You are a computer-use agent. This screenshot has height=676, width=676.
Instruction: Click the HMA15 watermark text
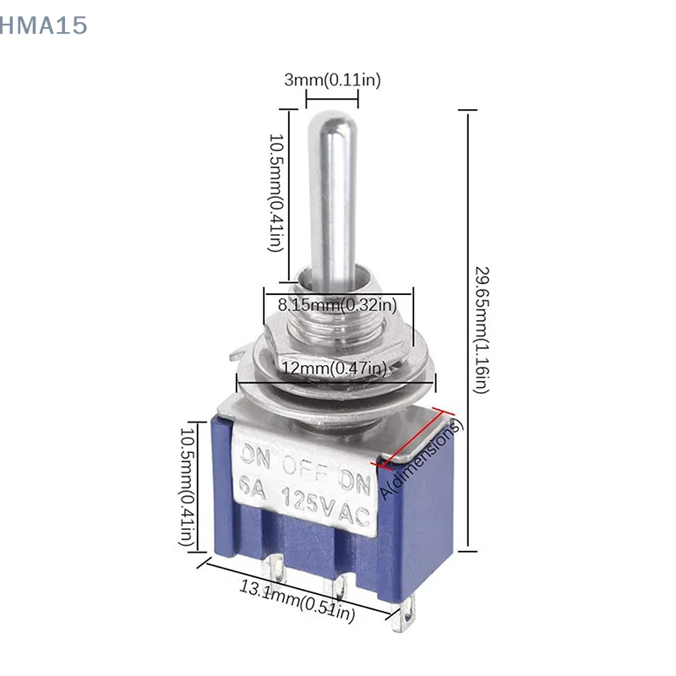click(x=44, y=26)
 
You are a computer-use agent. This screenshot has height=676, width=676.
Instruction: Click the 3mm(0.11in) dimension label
click(x=332, y=80)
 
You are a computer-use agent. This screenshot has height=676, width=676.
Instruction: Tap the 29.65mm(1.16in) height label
click(x=480, y=330)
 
